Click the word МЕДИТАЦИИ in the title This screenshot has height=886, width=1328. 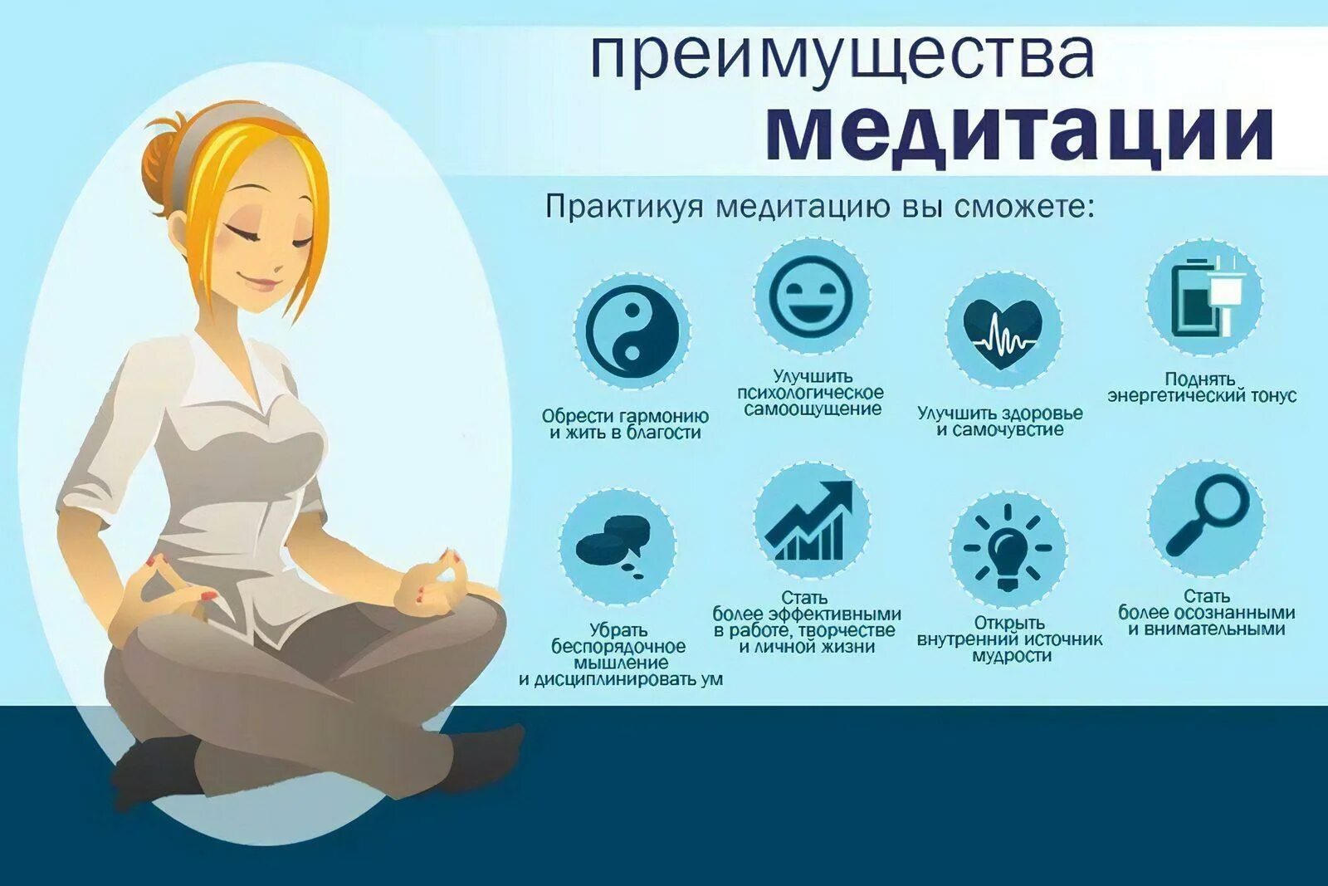[x=1018, y=133]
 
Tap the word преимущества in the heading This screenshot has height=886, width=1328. [x=842, y=55]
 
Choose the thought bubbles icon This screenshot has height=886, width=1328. [x=616, y=545]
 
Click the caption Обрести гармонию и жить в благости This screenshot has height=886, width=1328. [x=625, y=424]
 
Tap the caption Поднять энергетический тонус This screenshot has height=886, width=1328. [x=1201, y=388]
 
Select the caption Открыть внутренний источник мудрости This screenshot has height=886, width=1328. [x=1009, y=639]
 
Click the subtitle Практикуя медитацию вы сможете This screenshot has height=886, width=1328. [x=819, y=206]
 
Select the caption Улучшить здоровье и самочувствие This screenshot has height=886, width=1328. [x=1000, y=422]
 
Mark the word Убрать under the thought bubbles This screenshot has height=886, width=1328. [x=618, y=630]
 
